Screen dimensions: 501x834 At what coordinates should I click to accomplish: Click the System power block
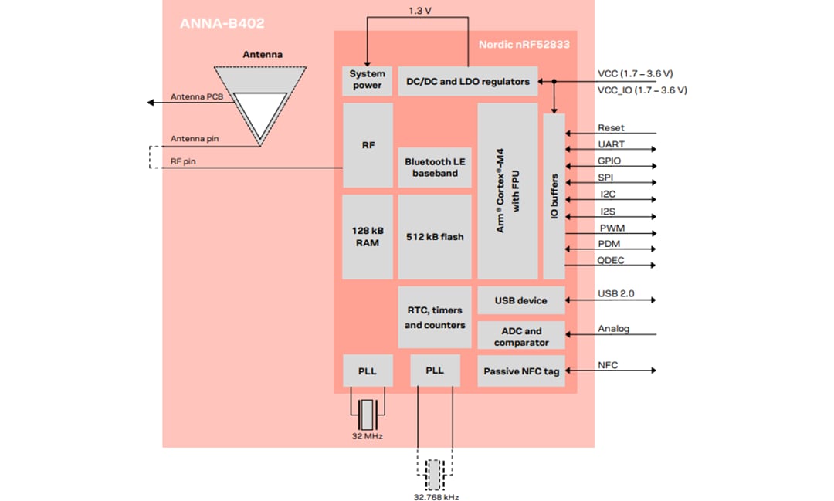tap(368, 80)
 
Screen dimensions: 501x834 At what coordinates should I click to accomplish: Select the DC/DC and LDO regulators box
tap(468, 81)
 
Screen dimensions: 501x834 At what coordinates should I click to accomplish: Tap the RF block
tap(368, 145)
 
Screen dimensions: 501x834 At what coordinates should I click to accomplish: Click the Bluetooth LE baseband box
tap(435, 168)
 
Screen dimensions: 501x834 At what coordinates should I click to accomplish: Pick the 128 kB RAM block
tap(368, 237)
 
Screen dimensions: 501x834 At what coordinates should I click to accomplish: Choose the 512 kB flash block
tap(435, 237)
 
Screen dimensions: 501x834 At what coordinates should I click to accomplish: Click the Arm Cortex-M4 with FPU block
tap(507, 191)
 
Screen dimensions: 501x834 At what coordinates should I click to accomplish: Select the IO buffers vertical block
tap(554, 196)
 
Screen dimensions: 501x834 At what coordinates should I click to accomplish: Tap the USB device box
tap(521, 300)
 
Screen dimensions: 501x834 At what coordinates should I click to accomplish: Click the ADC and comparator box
tap(521, 337)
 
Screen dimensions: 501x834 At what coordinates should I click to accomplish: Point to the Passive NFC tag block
tap(521, 371)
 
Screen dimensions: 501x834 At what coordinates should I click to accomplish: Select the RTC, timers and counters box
tap(435, 317)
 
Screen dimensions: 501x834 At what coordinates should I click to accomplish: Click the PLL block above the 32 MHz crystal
tap(368, 371)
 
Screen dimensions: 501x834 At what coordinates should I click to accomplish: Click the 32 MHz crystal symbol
tap(368, 415)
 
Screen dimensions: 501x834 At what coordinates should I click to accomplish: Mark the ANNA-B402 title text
tap(222, 23)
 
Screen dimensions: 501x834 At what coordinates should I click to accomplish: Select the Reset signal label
tap(611, 127)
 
